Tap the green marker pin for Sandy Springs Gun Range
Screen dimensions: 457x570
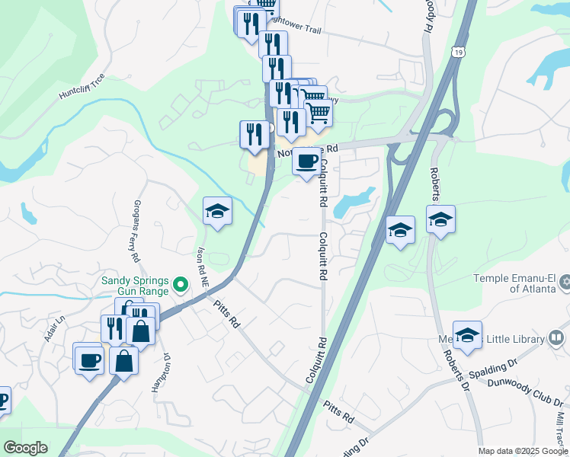point(181,286)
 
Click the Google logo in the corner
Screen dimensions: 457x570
point(25,448)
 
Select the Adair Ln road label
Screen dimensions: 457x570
point(52,330)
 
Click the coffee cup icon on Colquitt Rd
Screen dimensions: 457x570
point(307,161)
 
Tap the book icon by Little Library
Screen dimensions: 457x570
point(557,337)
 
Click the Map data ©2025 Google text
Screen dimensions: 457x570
point(523,451)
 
